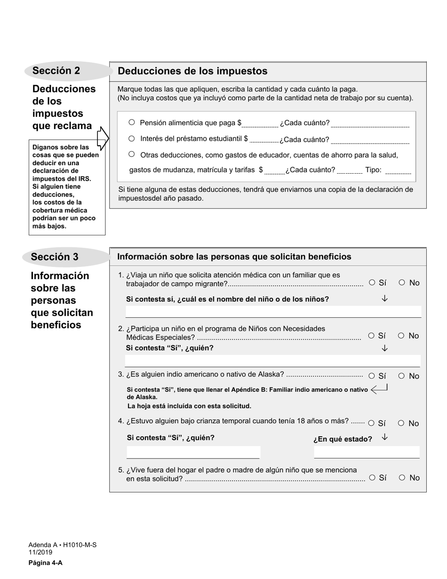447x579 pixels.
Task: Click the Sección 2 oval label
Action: [56, 71]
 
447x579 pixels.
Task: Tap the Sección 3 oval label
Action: [55, 257]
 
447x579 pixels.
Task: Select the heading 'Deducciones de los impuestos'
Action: [192, 71]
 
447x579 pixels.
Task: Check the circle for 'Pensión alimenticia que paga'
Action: [132, 122]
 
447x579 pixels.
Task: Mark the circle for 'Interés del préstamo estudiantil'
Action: [132, 138]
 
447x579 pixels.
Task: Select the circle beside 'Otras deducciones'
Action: [132, 154]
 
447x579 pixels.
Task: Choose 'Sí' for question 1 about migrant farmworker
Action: [372, 282]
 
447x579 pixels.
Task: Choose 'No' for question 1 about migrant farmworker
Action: [402, 282]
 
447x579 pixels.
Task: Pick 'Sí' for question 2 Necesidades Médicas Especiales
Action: [372, 336]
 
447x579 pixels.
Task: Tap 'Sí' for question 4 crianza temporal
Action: [372, 423]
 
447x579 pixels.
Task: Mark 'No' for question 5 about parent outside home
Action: [402, 477]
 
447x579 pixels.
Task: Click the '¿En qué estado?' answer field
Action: [367, 452]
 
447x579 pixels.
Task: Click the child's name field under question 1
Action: [273, 312]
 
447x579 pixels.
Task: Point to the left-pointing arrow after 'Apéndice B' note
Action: [379, 389]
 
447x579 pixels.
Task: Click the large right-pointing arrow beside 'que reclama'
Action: [102, 137]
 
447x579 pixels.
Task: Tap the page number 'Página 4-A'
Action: [45, 563]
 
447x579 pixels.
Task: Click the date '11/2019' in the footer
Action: [40, 553]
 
